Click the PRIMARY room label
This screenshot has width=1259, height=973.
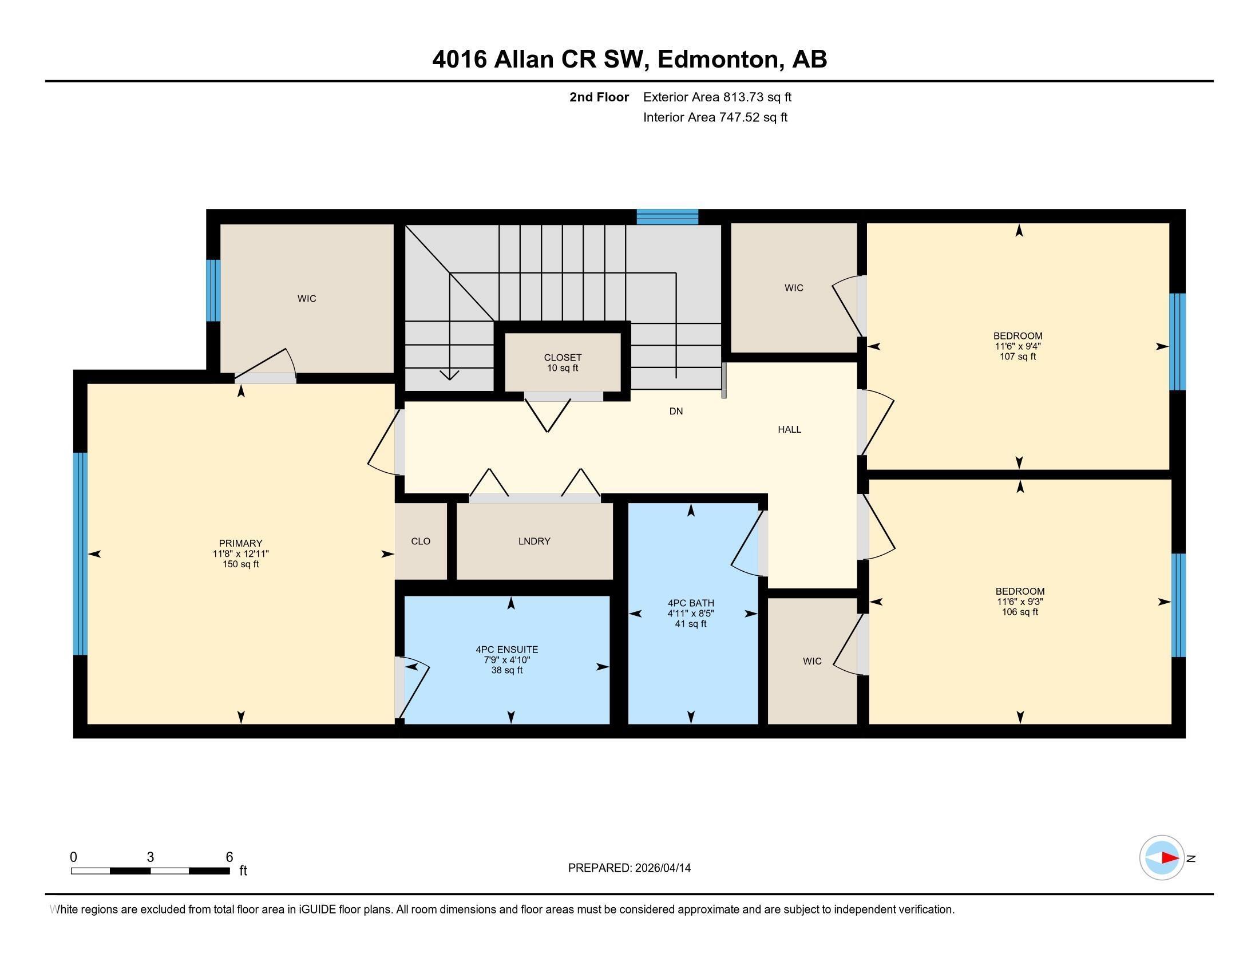[240, 543]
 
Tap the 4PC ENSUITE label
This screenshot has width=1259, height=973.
[506, 650]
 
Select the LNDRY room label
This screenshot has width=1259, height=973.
[534, 541]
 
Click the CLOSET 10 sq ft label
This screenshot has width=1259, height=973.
[563, 362]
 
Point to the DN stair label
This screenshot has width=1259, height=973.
[676, 411]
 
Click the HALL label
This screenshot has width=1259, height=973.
[789, 429]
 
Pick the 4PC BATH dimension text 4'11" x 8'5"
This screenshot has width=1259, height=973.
[691, 614]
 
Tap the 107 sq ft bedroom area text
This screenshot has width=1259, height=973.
[1018, 357]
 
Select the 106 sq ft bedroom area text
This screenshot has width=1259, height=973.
[1019, 612]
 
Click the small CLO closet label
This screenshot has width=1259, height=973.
[421, 541]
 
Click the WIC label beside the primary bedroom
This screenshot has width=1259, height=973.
[307, 299]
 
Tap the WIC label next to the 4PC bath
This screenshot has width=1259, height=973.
[811, 661]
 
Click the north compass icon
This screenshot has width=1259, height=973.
[1162, 858]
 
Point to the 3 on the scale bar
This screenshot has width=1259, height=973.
[150, 857]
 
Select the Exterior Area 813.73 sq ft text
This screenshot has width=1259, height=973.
[717, 97]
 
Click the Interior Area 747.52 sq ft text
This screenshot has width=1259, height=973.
[715, 117]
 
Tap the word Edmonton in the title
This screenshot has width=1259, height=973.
[719, 60]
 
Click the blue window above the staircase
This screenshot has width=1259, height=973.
[667, 217]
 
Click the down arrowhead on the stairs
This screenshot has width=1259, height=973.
[449, 375]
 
